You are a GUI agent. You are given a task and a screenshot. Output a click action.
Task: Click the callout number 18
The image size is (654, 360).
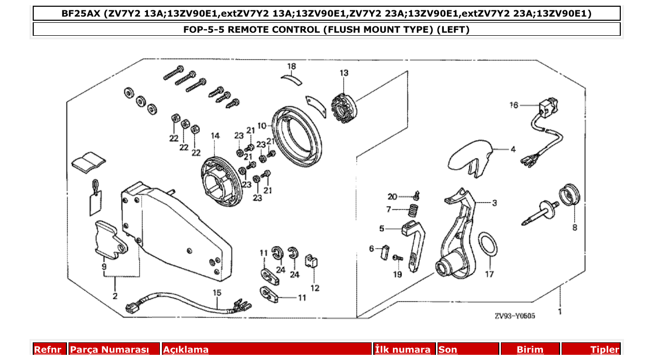[292, 66]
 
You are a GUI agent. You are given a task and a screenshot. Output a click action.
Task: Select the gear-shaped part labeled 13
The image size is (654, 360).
[342, 106]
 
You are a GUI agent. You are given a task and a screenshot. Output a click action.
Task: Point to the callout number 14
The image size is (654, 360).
[215, 136]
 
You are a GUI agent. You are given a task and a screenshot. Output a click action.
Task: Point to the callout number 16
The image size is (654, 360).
[514, 105]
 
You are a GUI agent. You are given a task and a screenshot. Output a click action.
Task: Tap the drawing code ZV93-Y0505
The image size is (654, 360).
[515, 315]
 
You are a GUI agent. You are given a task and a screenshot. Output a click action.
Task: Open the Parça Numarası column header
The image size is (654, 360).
[110, 350]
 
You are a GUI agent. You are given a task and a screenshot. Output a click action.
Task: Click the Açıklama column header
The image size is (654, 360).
[186, 350]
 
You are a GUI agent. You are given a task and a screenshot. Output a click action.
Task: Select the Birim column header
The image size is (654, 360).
[529, 350]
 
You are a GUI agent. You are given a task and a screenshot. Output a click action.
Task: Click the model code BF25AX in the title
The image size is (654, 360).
[80, 13]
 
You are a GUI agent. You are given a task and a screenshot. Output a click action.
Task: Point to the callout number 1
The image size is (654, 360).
[560, 312]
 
